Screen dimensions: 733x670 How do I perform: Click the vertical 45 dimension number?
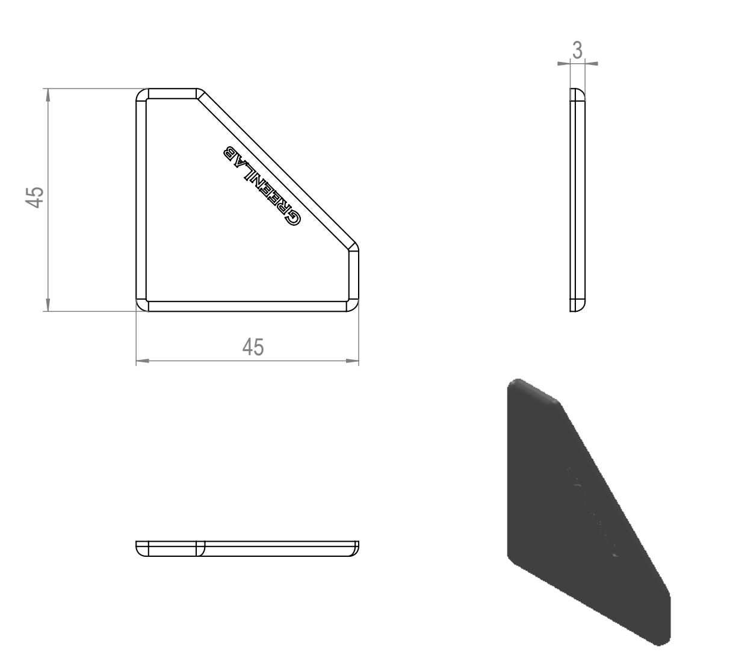point(35,197)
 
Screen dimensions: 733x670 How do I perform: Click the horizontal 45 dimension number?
point(253,347)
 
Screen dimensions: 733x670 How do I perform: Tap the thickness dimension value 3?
point(577,51)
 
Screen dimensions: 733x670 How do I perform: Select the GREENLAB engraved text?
point(262,186)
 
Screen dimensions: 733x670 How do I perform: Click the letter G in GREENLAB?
point(292,217)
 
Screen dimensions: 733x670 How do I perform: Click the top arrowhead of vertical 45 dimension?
point(48,95)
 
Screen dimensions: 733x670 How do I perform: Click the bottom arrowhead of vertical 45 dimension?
point(48,305)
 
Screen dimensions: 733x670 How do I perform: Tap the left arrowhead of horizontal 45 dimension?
point(143,361)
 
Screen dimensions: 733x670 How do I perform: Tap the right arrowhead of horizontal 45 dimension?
point(352,361)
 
